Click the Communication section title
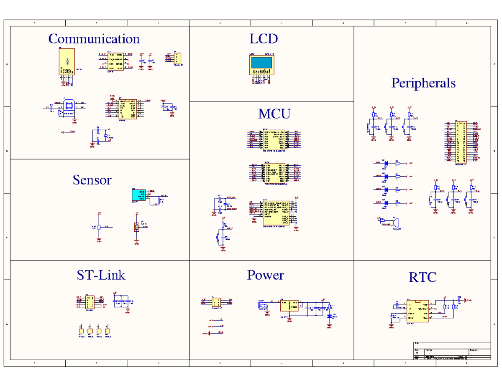[94, 39]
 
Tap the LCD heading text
[264, 39]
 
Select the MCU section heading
[274, 114]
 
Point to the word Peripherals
[423, 83]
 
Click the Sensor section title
[92, 180]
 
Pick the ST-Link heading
[101, 275]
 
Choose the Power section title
[265, 275]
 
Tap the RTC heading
[423, 277]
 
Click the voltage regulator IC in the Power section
[289, 305]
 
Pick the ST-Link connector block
[90, 301]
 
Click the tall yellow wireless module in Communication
[66, 61]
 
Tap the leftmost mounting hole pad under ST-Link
[80, 330]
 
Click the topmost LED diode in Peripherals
[386, 163]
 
